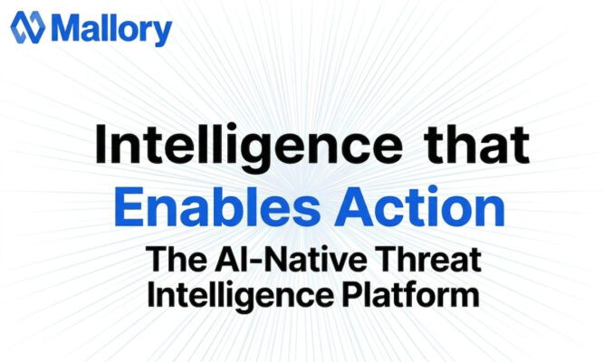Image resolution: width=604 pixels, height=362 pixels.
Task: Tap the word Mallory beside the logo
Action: [x=112, y=29]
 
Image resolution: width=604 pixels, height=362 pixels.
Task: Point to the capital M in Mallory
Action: [x=67, y=29]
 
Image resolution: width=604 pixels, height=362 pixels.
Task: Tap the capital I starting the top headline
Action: [x=100, y=146]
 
